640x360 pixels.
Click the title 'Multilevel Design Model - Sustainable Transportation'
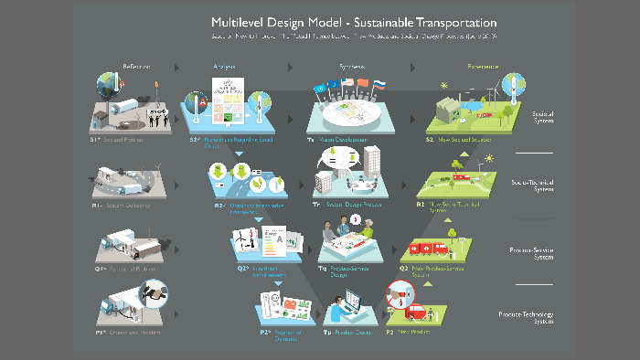pos(354,22)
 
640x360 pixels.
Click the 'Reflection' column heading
pos(136,68)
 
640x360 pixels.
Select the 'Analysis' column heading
pos(224,68)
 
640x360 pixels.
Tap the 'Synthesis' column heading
pos(352,68)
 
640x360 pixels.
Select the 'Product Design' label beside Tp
pos(347,334)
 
